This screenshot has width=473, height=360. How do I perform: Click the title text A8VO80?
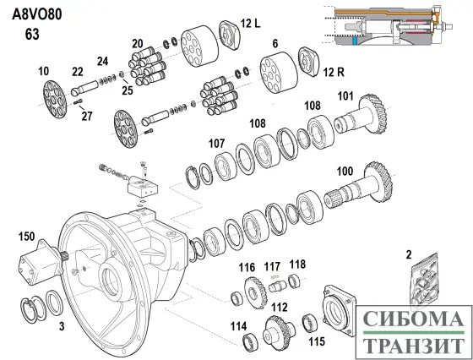point(37,14)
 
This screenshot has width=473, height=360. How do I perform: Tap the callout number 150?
point(26,237)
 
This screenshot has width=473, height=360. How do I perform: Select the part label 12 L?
point(250,23)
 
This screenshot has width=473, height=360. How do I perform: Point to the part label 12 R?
point(334,72)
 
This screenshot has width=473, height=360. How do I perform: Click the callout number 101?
point(345,96)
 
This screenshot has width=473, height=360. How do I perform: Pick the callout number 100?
point(345,171)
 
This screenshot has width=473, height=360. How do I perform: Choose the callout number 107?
point(216,144)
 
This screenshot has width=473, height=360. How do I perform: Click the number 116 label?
point(247,267)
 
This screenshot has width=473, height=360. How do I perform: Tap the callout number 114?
point(238,326)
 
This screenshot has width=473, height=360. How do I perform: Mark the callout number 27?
point(87,116)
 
